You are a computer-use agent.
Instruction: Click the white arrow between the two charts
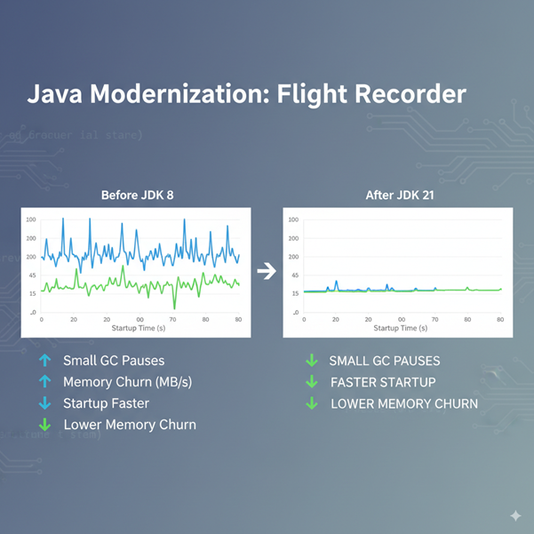click(x=266, y=272)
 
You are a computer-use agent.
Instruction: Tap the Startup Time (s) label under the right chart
click(x=398, y=328)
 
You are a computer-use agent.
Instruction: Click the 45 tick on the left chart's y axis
click(x=31, y=275)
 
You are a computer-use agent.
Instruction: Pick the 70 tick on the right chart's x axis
click(x=434, y=319)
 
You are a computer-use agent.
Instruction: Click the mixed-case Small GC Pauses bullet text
click(x=114, y=361)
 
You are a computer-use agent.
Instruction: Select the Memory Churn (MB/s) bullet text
click(x=127, y=382)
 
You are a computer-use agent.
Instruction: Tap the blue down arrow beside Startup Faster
click(x=44, y=403)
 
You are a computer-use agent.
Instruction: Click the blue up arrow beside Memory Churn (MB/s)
click(x=44, y=382)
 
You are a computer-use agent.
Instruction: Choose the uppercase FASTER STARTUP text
click(x=383, y=382)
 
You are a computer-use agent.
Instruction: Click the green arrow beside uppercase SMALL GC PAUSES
click(x=312, y=361)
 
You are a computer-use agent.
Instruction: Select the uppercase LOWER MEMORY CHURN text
click(x=404, y=403)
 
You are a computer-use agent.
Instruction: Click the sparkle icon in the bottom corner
click(x=515, y=516)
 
